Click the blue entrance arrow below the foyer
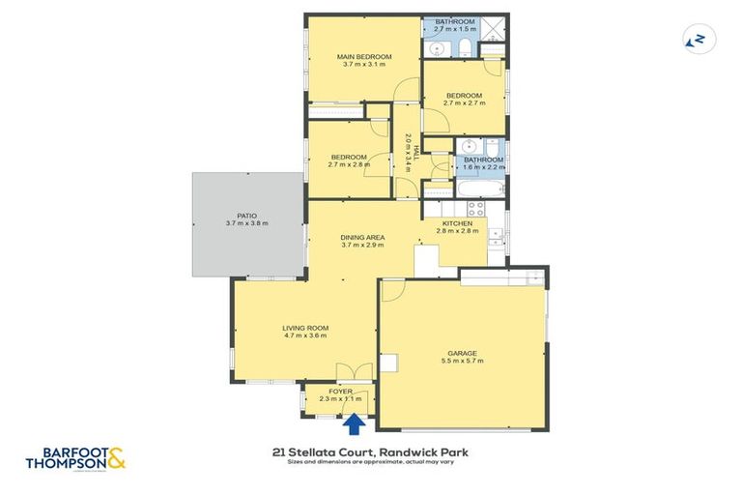pos(355,422)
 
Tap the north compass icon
pos(695,39)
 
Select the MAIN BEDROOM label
pos(364,58)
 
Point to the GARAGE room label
pos(461,354)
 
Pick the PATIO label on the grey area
pos(245,216)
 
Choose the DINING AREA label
pos(362,237)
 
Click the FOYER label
pos(340,391)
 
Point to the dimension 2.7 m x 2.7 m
pos(463,103)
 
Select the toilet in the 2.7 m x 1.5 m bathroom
pos(464,47)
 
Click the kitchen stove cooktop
pos(475,208)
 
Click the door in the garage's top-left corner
pos(393,291)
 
